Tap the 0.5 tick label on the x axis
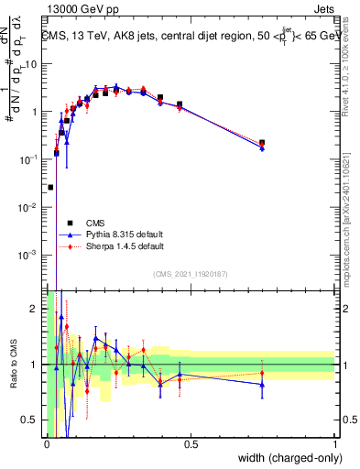191,444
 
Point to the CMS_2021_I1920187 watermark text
191,273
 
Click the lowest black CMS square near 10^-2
50,187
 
